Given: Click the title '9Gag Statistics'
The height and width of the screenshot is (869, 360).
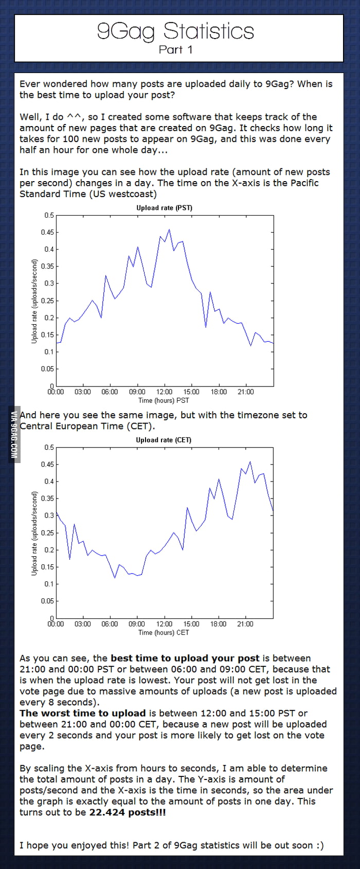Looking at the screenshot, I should coord(175,31).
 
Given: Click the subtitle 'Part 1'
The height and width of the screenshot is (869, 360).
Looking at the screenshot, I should coord(175,49).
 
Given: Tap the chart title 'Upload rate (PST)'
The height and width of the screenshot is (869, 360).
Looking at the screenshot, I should coord(164,208).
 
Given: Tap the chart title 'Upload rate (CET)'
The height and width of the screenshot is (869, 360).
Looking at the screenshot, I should coord(164,440).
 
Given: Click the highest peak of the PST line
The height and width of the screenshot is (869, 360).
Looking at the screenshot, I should coord(169,229).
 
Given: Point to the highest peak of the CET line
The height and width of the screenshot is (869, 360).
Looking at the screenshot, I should coord(250,462).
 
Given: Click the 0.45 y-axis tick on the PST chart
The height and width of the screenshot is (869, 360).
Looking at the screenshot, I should coord(47,232).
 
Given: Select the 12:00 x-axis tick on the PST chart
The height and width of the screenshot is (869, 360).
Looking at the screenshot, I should coord(165,392).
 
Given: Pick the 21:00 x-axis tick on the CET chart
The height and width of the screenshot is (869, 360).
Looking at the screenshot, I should coord(245,624).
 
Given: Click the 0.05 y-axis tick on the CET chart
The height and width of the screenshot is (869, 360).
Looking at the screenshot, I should coord(47,601).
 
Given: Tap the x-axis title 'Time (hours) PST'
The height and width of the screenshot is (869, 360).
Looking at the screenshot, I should coord(164,400).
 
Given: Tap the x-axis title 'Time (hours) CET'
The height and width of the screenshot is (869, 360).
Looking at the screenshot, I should coord(164,632).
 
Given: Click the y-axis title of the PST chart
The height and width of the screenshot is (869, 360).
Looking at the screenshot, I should coord(34,301).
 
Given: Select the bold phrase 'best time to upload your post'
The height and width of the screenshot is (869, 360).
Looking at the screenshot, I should coord(185,658).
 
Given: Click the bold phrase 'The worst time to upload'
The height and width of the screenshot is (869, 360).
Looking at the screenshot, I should coord(83,713).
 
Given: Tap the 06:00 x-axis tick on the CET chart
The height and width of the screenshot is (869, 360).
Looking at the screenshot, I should coord(110,624).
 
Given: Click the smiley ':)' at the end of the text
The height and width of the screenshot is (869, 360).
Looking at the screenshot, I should coord(319,845).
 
